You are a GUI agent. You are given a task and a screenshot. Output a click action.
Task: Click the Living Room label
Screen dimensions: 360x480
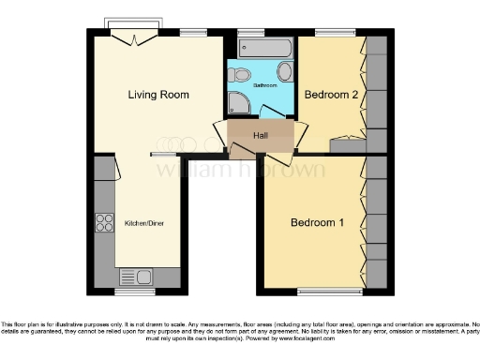[158, 95]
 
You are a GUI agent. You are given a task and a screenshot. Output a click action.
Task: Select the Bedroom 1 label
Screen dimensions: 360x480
[317, 222]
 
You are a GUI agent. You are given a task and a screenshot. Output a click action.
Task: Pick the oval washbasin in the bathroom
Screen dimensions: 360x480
[285, 74]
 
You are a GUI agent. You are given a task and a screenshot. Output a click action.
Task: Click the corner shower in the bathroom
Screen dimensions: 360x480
[238, 104]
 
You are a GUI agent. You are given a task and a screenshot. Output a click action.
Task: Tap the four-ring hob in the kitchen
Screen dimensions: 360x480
[103, 223]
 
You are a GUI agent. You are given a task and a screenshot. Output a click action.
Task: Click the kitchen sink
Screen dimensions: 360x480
[136, 277]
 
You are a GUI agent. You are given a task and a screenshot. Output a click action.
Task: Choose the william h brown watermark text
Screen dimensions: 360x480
[240, 171]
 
